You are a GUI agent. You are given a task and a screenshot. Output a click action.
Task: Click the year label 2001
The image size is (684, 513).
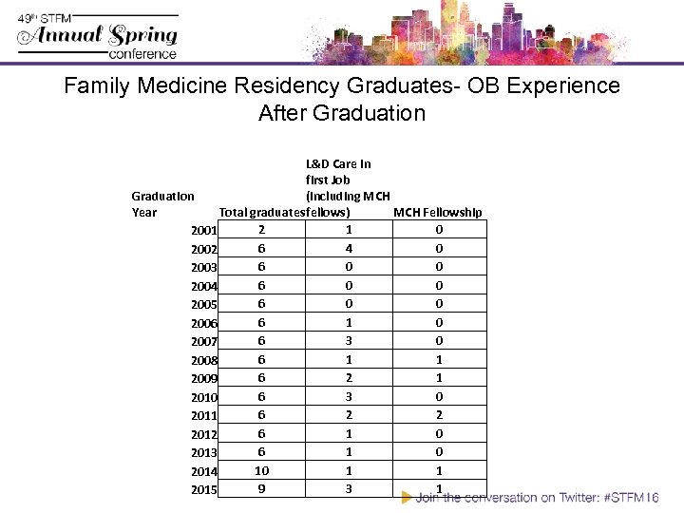(x=204, y=231)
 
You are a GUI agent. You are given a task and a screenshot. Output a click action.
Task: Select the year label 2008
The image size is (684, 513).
(x=204, y=360)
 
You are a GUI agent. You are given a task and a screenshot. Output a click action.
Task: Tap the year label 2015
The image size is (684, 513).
(x=204, y=490)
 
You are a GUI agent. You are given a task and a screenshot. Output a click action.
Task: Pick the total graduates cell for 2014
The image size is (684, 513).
(x=261, y=470)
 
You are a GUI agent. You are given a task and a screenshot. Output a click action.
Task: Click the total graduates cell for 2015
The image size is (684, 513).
(x=261, y=489)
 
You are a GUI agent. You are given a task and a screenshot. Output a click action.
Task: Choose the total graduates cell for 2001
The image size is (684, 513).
(x=261, y=229)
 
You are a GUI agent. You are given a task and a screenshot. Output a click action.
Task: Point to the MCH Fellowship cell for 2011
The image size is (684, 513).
(x=438, y=414)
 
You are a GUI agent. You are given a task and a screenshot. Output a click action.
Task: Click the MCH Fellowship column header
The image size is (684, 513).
(x=438, y=212)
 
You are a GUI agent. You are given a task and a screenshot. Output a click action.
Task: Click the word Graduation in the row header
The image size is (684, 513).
(x=162, y=196)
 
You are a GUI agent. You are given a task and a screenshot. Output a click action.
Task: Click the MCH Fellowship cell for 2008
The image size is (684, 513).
(x=438, y=359)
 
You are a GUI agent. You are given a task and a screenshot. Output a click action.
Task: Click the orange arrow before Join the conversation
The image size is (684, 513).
(x=407, y=497)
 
